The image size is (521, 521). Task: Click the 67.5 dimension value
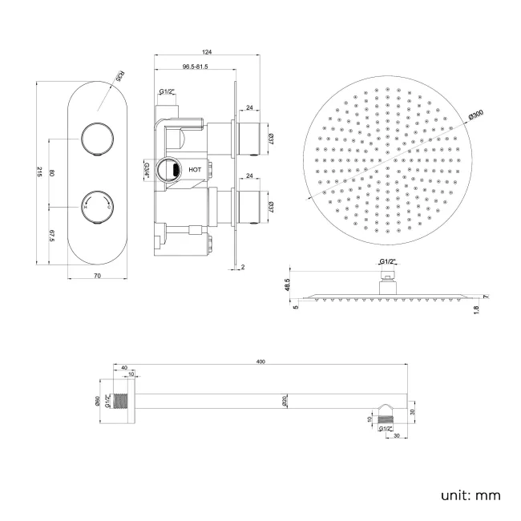click(x=51, y=234)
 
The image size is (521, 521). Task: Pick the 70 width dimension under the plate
click(x=97, y=276)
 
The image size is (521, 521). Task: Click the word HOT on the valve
click(x=195, y=170)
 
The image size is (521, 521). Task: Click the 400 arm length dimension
click(x=260, y=363)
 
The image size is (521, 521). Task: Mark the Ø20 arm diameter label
click(x=285, y=402)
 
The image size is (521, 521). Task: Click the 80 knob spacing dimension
click(x=51, y=174)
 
